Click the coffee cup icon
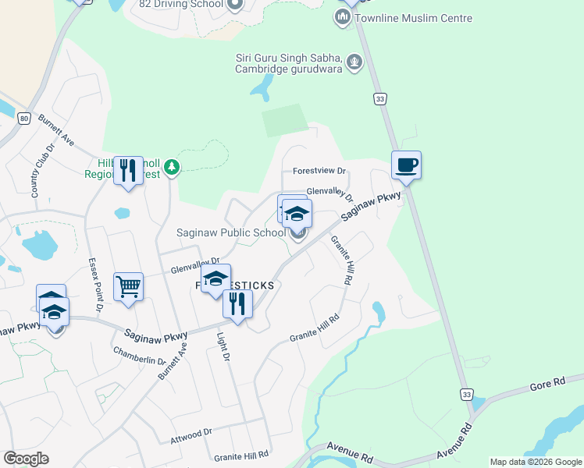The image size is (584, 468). click(406, 165)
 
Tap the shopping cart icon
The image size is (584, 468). click(128, 286)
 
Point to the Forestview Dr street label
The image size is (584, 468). click(319, 172)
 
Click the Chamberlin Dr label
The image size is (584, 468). click(140, 356)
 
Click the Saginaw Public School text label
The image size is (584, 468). click(231, 232)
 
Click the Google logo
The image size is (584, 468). click(25, 459)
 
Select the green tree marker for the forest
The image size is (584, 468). click(172, 167)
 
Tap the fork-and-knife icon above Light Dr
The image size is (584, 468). click(237, 303)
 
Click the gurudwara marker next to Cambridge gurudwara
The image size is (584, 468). click(354, 60)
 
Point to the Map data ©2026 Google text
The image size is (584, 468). click(536, 462)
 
